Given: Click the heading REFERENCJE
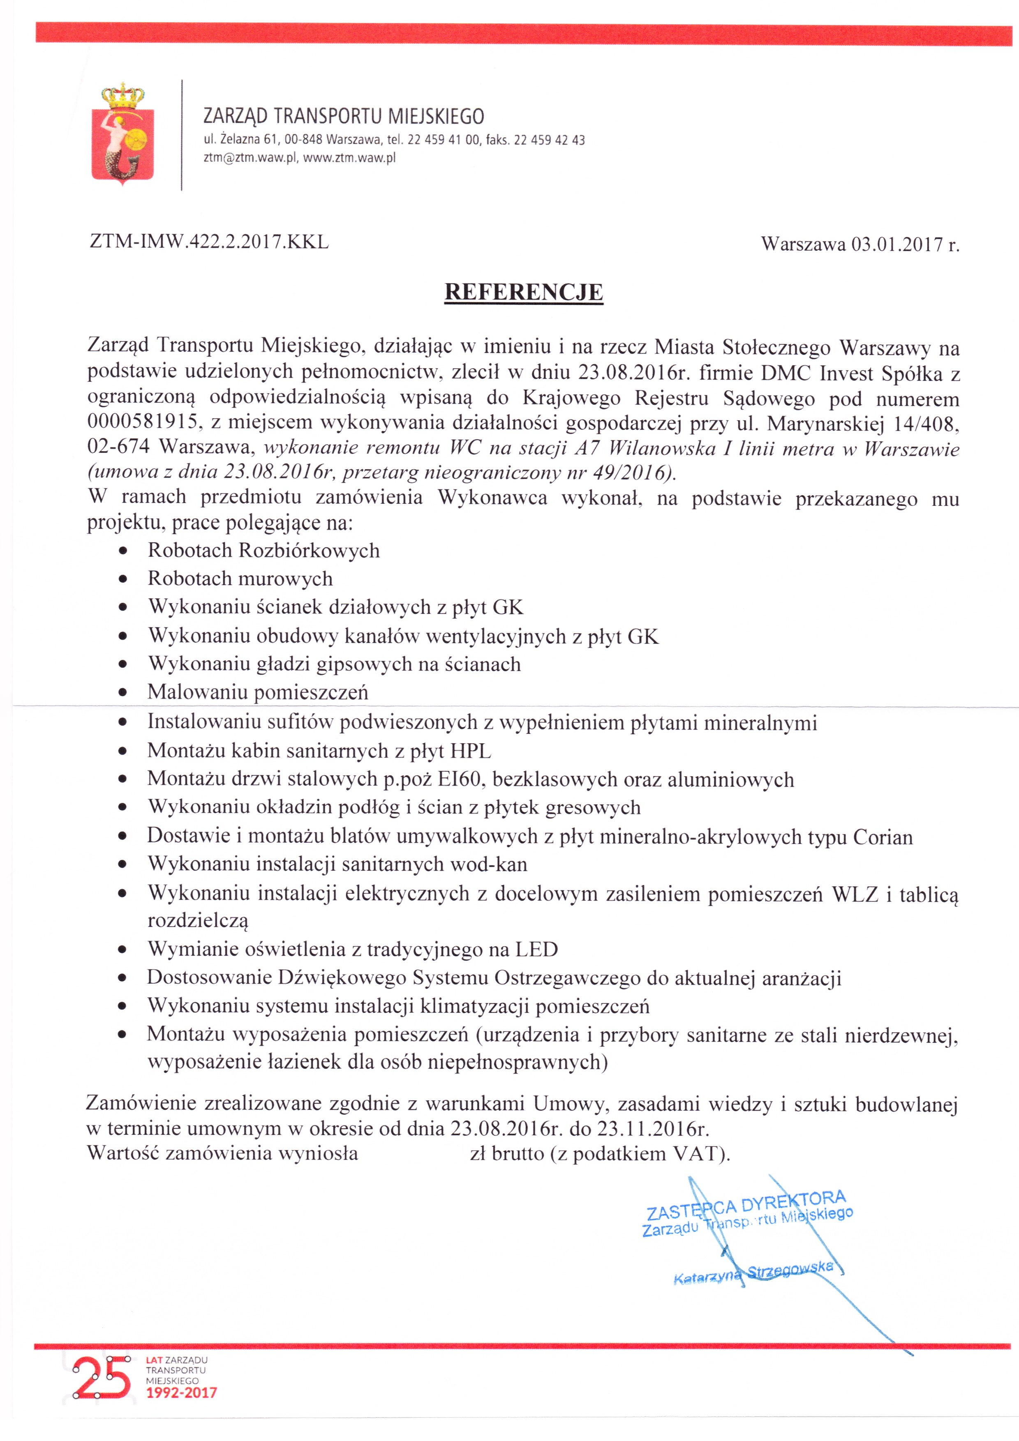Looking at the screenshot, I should coord(524,293).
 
